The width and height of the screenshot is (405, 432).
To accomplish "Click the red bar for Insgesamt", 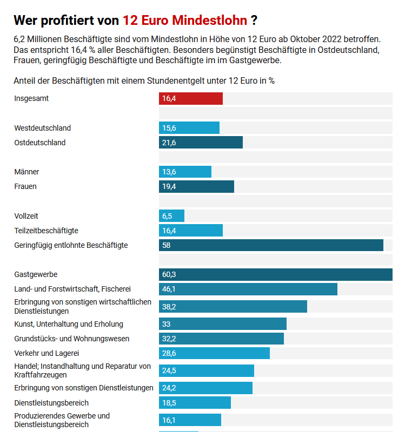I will [191, 99].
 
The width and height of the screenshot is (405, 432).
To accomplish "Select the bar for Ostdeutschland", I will [201, 143].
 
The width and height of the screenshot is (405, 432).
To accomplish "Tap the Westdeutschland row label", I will [43, 128].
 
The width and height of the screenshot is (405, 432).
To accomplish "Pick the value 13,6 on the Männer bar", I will [169, 172].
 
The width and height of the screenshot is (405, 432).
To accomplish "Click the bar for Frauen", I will [196, 186].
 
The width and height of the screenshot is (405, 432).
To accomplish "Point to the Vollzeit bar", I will [171, 216].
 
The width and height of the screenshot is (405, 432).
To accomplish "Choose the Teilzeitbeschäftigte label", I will [47, 231].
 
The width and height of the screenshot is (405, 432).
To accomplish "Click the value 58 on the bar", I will [167, 245].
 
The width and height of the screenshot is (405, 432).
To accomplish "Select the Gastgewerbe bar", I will [276, 274].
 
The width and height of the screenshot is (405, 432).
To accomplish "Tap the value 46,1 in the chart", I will [169, 289].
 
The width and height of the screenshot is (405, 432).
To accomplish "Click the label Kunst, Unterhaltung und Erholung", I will [69, 324].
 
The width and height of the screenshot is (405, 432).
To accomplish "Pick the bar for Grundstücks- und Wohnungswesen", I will [221, 339].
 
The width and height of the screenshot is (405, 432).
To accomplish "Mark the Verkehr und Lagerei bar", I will [214, 353].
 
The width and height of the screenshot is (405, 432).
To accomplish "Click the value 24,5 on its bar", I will [169, 370].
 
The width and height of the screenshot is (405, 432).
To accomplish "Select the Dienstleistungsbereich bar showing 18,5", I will [195, 403].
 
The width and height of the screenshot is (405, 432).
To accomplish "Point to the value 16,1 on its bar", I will [169, 420].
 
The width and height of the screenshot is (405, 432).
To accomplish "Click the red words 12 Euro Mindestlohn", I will [185, 21].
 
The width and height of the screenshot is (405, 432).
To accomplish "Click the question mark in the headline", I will [254, 21].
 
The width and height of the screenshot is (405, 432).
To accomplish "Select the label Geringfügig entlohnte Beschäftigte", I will [71, 245].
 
